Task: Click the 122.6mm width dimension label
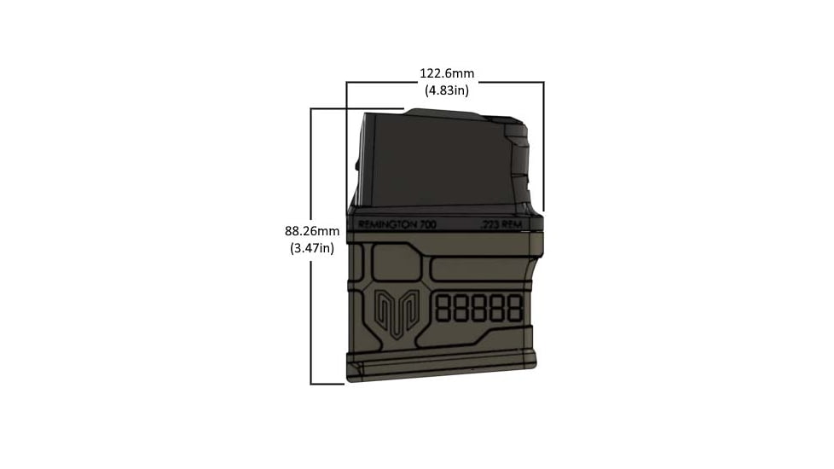[x=447, y=73]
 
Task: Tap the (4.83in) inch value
[x=447, y=89]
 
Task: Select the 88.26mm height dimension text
[x=312, y=231]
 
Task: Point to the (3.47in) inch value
[x=312, y=248]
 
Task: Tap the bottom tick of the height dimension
[x=328, y=384]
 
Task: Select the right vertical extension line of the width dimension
[x=543, y=145]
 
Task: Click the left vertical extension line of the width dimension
[x=346, y=145]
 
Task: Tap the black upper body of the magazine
[x=435, y=162]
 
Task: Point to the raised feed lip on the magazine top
[x=439, y=113]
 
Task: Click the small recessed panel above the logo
[x=393, y=260]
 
